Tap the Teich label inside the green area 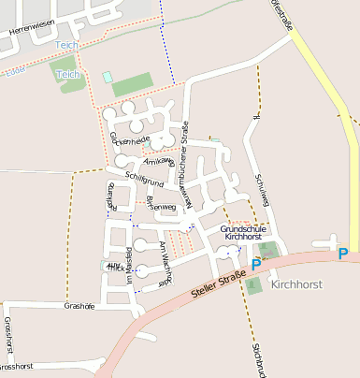coord(66,74)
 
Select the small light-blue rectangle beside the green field coord(107,77)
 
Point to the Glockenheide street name coord(129,139)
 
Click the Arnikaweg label coord(158,164)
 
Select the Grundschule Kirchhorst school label coord(244,233)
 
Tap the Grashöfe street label coord(79,306)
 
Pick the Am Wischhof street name coord(166,261)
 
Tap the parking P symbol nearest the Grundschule coord(256,266)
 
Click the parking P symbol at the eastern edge coord(343,254)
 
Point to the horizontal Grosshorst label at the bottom coord(19,366)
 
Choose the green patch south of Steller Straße coord(254,285)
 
